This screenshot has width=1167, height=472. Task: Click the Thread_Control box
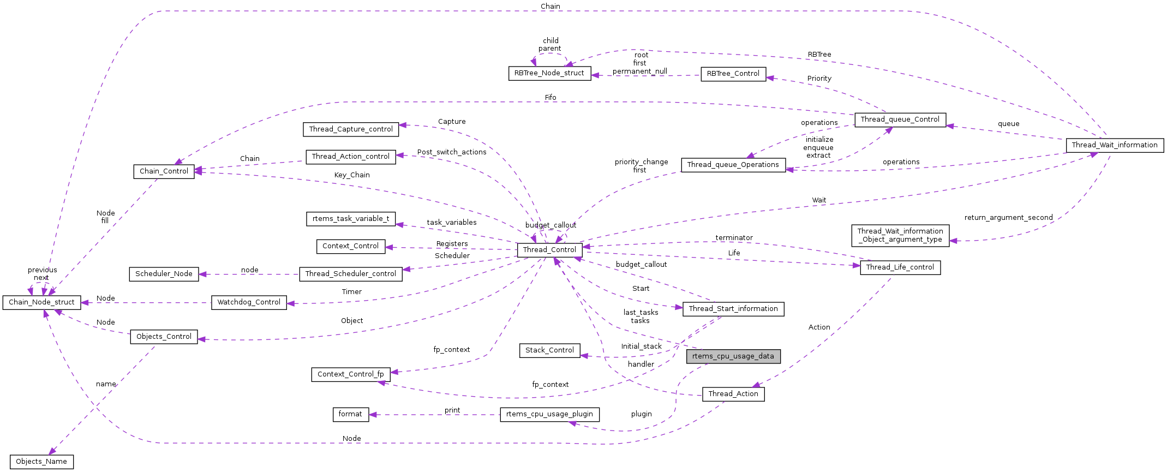coord(549,250)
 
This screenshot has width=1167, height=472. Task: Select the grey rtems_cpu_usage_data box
coord(733,356)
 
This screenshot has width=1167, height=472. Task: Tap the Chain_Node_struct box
coord(41,302)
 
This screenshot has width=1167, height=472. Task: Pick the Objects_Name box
coord(41,462)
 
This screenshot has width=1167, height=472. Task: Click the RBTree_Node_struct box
coord(549,73)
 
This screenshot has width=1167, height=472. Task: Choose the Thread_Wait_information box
coord(1115,145)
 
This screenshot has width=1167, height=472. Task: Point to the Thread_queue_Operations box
coord(733,165)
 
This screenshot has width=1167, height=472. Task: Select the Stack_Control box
coord(549,350)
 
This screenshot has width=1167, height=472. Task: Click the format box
coord(350,414)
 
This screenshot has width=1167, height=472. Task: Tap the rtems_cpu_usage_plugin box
coord(549,414)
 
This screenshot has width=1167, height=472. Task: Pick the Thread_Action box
coord(733,394)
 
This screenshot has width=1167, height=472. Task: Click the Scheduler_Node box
coord(164,274)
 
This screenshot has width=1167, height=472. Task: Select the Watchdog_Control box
coord(249,302)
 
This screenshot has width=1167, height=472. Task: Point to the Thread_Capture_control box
coord(351,129)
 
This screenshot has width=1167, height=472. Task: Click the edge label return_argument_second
coord(1008,218)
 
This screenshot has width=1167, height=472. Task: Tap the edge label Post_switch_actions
coord(452,152)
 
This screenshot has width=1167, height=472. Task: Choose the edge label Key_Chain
coord(352,175)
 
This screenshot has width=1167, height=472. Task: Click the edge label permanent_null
coord(639,71)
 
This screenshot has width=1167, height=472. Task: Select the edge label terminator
coord(734,238)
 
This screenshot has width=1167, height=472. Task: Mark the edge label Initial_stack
coord(641,346)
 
